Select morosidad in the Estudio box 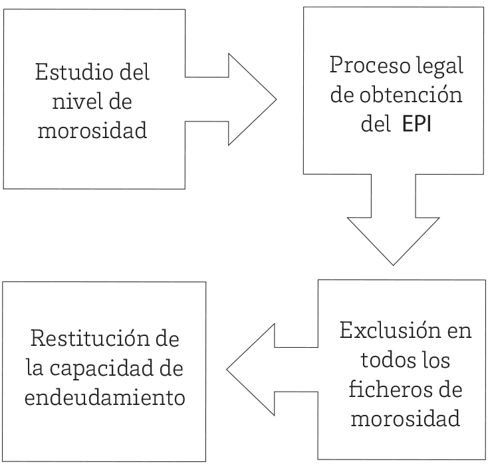tap(92, 131)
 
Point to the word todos tap(386, 360)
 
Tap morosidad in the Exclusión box tap(405, 419)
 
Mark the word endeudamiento tap(104, 398)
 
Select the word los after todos tap(436, 360)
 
